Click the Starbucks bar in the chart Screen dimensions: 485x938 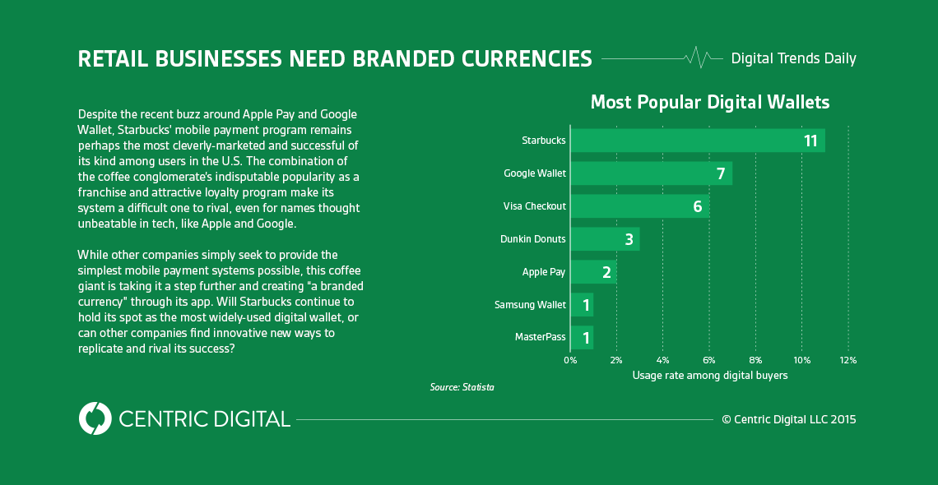pyautogui.click(x=697, y=141)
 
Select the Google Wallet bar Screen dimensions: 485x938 pyautogui.click(x=651, y=173)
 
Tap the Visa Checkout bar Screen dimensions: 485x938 pyautogui.click(x=639, y=206)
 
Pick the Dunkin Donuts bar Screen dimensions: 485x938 pyautogui.click(x=605, y=239)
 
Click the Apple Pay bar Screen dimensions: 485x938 pyautogui.click(x=593, y=272)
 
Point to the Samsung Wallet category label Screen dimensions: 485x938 pyautogui.click(x=530, y=305)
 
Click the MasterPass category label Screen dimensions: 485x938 pyautogui.click(x=541, y=337)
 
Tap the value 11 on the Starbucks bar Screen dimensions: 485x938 pyautogui.click(x=810, y=141)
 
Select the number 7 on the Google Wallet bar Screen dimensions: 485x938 pyautogui.click(x=720, y=173)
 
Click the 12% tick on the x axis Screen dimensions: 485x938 pyautogui.click(x=848, y=360)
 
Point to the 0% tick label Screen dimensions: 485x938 pyautogui.click(x=570, y=360)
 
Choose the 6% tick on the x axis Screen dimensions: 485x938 pyautogui.click(x=709, y=360)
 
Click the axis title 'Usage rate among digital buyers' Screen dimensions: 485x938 pyautogui.click(x=710, y=376)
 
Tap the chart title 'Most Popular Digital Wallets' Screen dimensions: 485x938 pyautogui.click(x=710, y=103)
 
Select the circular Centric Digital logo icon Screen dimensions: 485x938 pyautogui.click(x=95, y=418)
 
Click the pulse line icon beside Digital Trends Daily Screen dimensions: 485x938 pyautogui.click(x=698, y=58)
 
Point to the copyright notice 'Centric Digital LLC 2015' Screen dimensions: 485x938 pyautogui.click(x=789, y=419)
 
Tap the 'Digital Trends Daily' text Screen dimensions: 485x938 pyautogui.click(x=793, y=58)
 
